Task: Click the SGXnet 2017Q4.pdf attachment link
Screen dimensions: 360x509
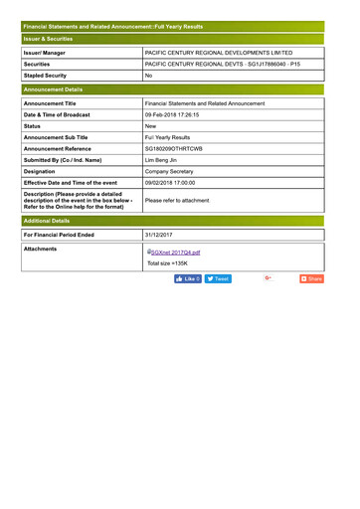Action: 175,253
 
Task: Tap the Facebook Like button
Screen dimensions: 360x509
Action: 188,279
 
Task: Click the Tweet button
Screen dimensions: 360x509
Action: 218,279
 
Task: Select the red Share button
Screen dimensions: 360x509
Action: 311,279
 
